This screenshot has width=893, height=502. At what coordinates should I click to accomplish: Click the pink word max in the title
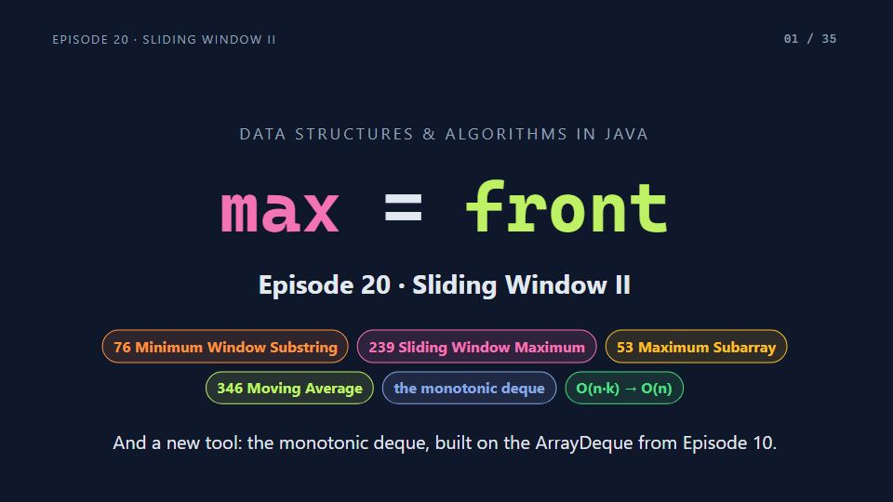(280, 212)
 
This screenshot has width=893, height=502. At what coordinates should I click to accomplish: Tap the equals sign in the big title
(403, 207)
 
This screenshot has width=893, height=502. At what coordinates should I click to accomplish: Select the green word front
(566, 206)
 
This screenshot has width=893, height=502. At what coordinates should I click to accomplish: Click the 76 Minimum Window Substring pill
(225, 347)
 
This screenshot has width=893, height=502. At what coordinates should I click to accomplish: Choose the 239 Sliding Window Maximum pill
(476, 347)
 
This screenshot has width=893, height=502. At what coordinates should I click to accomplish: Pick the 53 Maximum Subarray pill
(696, 347)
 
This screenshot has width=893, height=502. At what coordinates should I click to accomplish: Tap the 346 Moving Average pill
(289, 389)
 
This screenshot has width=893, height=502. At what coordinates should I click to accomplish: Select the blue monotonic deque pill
(469, 389)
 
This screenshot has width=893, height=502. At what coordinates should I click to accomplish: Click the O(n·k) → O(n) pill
(624, 389)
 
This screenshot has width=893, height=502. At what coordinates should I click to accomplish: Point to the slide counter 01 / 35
(810, 39)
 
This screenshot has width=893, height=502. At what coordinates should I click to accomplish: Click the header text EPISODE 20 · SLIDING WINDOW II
(164, 39)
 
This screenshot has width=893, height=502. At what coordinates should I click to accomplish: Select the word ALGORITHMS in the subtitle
(506, 134)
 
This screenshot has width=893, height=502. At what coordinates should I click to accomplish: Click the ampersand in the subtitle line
(429, 134)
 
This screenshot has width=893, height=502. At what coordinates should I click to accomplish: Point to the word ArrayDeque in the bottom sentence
(584, 443)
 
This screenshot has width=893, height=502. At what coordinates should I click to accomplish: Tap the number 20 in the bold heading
(375, 284)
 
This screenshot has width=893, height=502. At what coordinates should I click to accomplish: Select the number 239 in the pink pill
(380, 347)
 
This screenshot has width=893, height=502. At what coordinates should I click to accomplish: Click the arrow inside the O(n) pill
(631, 389)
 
